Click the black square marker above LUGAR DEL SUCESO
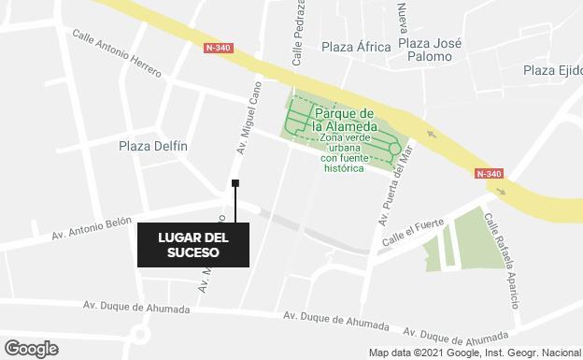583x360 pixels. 235,183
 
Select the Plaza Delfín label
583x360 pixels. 153,146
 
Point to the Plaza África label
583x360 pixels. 355,48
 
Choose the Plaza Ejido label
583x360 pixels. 552,70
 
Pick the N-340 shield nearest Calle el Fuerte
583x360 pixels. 489,174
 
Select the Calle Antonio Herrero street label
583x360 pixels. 117,53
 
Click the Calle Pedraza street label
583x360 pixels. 299,37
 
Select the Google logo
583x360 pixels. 30,349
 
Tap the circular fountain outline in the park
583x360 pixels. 395,148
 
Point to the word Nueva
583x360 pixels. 403,17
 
